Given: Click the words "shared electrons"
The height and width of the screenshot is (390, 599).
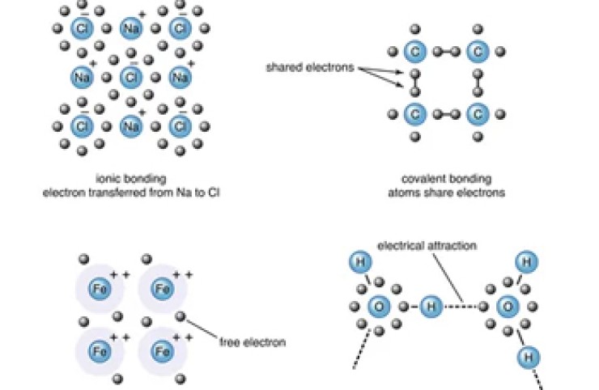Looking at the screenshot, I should [x=310, y=67].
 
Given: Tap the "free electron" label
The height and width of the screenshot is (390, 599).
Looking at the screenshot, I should [x=253, y=342].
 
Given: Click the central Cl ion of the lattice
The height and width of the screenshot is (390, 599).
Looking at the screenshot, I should [x=130, y=78].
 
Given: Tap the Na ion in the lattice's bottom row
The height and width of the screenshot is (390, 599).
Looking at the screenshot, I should [x=130, y=126].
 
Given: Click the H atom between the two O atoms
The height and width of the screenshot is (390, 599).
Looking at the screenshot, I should [x=431, y=307].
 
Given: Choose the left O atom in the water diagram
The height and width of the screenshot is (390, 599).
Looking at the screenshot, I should [x=379, y=307].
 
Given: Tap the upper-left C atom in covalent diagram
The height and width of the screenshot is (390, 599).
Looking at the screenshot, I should [x=414, y=53].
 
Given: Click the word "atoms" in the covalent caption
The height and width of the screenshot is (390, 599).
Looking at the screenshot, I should [x=401, y=193].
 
